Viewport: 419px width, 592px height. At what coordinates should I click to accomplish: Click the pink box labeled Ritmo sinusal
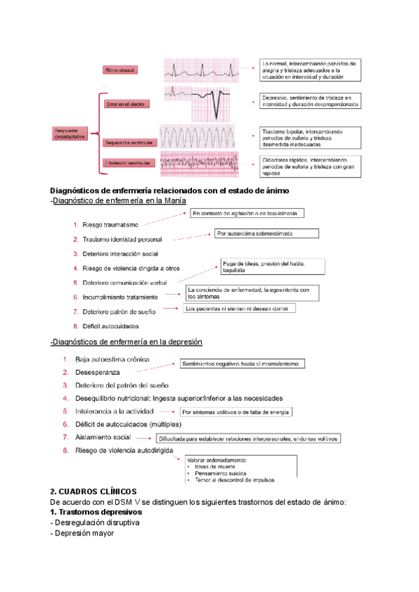[x=120, y=71]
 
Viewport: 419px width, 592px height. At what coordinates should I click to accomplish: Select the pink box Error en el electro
[x=126, y=104]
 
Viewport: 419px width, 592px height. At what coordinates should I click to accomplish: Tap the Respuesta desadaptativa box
[x=71, y=133]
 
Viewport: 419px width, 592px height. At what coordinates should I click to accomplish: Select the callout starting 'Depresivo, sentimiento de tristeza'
[x=310, y=101]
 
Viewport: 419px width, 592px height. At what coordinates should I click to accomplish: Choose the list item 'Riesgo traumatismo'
[x=110, y=224]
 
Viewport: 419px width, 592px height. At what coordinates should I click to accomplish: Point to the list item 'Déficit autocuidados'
[x=110, y=326]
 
